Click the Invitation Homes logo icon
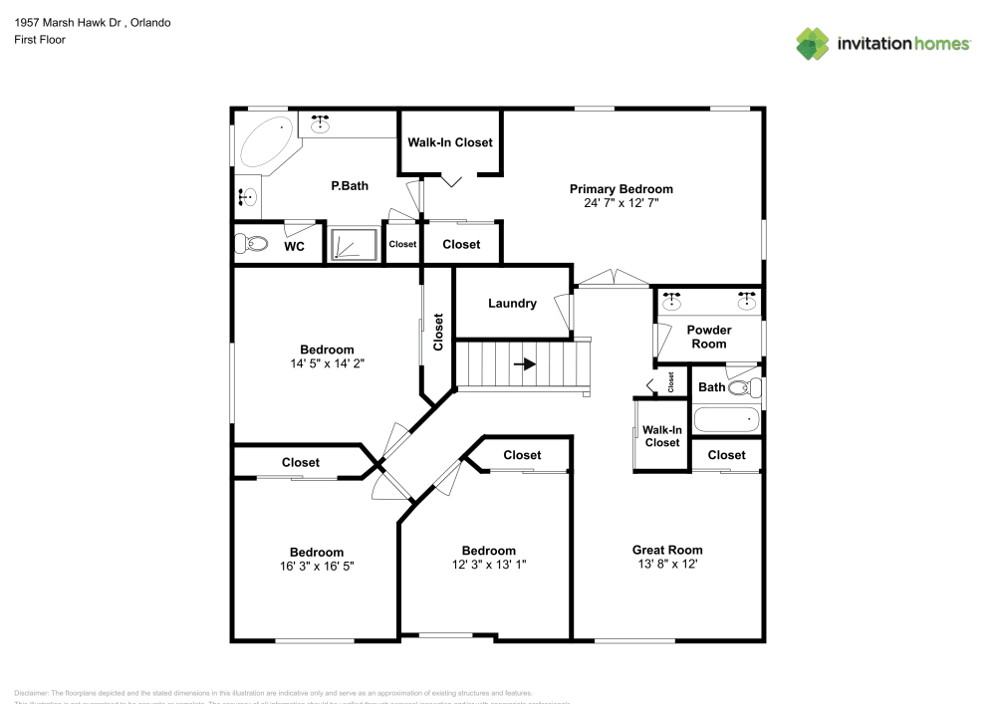point(813,43)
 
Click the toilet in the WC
point(250,243)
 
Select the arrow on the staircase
point(525,363)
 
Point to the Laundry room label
point(513,304)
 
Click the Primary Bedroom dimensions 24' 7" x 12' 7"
point(621,203)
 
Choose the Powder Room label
point(708,337)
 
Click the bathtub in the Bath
point(725,420)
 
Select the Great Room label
point(667,550)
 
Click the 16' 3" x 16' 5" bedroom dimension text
point(317,566)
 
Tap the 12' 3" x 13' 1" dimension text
point(488,565)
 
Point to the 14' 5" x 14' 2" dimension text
point(327,363)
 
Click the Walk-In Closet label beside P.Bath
point(450,142)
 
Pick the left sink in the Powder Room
point(672,297)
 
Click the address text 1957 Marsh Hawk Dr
point(64,22)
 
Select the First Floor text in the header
point(40,40)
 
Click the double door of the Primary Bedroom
point(614,279)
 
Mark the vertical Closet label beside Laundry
point(438,333)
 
